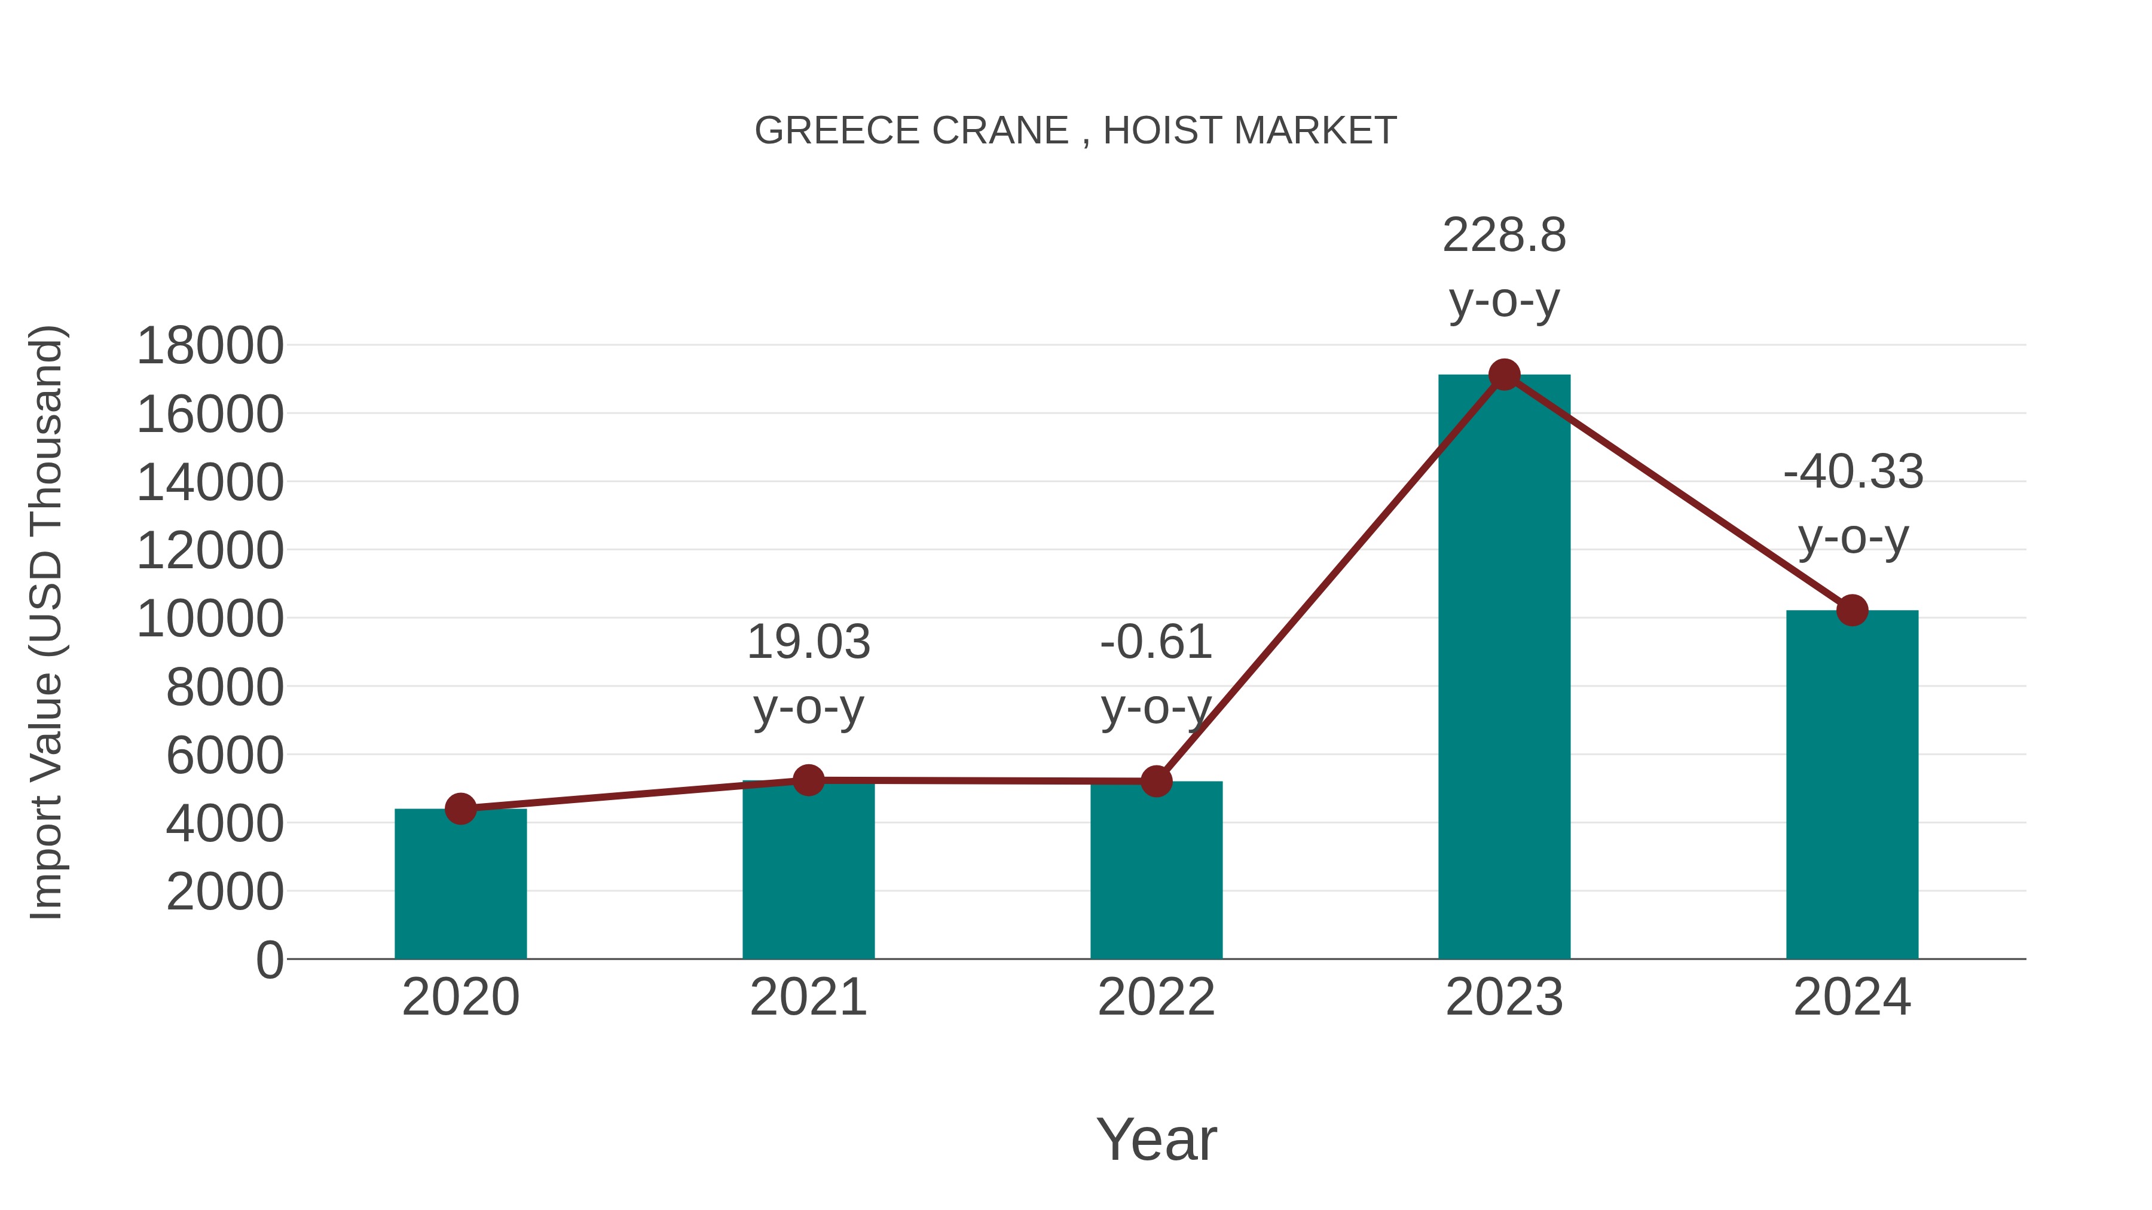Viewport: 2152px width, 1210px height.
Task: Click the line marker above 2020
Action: coord(460,808)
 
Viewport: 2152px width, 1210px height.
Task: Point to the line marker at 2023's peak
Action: coord(1504,375)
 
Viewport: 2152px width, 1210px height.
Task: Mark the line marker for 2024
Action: coord(1852,611)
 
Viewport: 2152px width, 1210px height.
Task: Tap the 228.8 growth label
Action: coord(1504,235)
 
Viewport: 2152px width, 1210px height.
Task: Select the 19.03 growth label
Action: coord(808,642)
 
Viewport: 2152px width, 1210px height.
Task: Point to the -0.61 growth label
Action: coord(1156,642)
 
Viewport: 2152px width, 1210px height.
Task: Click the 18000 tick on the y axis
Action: coord(210,346)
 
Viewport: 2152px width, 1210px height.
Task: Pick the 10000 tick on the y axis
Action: coord(210,619)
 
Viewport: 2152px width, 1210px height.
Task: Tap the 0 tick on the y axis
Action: coord(269,960)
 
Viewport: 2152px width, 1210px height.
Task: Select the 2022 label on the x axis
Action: coord(1156,997)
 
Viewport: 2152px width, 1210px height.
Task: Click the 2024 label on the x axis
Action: coord(1852,997)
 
